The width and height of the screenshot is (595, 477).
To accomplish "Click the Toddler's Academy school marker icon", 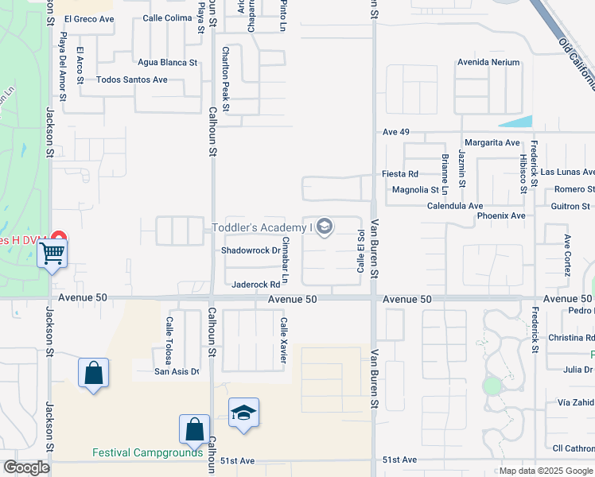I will coord(324,227).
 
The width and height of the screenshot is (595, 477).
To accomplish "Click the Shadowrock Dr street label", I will coord(251,250).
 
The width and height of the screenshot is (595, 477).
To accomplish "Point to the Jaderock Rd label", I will coord(255,284).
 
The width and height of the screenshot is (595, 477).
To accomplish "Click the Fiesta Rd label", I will coord(400,174).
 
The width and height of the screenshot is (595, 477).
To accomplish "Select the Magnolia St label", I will coord(415,190).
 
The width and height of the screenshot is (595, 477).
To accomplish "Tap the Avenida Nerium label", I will coord(488,62).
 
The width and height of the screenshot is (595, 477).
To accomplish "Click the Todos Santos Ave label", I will coord(131,79).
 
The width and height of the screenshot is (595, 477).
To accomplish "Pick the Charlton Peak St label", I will coord(226,78).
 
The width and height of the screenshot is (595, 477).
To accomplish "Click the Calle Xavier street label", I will coord(282,339).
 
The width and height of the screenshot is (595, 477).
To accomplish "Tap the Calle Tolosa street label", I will coord(169,337).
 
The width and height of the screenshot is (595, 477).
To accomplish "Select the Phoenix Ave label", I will coord(501,215).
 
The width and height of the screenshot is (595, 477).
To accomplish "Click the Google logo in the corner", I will coord(26,467).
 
